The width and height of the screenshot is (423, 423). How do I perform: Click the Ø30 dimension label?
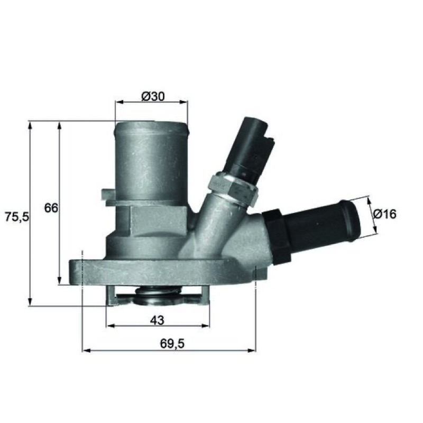[153, 96]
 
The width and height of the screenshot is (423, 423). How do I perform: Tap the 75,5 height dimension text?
[16, 217]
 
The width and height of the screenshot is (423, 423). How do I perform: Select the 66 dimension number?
[51, 208]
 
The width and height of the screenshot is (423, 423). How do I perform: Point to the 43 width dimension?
[157, 320]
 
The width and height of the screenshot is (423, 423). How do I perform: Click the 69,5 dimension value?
[172, 344]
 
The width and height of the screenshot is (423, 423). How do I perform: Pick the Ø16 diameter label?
[385, 215]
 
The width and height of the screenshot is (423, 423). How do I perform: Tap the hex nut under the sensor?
[233, 189]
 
